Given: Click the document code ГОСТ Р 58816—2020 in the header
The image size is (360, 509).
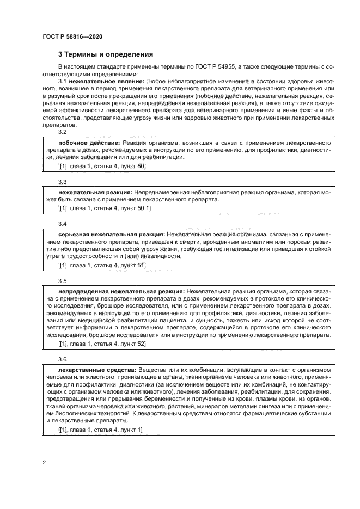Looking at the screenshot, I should pos(72,36).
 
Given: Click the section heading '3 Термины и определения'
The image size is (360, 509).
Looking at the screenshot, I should pos(106,54).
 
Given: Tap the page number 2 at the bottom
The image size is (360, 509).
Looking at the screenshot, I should pos(44,463).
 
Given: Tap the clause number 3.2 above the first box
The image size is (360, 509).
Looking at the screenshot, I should pos(62,132).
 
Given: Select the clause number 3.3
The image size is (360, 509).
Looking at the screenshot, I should pos(62,182).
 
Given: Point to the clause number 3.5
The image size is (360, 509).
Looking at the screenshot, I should pos(62,281).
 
